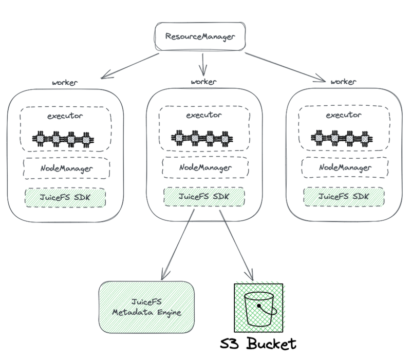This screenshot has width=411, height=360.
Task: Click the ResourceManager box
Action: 200,36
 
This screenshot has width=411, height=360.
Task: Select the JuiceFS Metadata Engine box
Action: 146,307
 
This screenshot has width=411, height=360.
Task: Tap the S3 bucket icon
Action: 258,308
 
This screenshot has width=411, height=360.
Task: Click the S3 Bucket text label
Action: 258,344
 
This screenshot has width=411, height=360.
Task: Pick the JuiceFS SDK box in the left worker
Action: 65,197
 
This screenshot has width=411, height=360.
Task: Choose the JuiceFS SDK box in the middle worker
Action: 204,197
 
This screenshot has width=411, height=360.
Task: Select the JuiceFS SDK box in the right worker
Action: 344,197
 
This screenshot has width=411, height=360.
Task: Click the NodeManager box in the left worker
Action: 67,168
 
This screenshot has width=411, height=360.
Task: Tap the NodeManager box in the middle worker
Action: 205,167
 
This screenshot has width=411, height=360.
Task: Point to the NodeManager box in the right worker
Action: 345,167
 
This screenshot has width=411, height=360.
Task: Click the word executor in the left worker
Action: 65,116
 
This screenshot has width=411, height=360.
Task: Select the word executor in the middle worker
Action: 204,115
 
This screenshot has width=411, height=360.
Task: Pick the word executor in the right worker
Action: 344,115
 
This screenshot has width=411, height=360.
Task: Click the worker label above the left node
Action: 65,83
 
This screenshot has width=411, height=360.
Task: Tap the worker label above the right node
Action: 343,82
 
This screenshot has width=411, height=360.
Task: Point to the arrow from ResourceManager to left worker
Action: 130,66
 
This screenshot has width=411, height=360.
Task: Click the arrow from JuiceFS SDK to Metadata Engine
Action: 178,244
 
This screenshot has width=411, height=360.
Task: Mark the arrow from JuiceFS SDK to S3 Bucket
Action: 236,245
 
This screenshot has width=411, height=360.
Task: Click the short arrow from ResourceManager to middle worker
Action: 203,65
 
